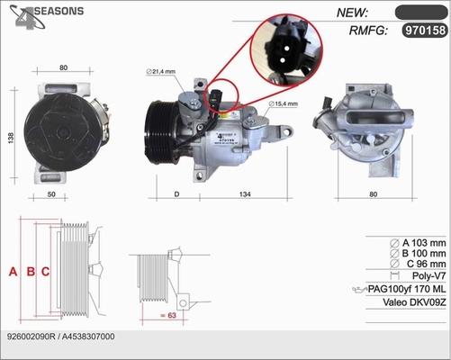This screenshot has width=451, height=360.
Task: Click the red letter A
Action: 13,271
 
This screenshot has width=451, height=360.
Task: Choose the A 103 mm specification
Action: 419,243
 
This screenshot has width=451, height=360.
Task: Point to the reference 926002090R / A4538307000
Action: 59,336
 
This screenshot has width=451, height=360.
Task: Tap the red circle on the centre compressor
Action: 221,97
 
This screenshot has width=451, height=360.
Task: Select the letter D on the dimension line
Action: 176,193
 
